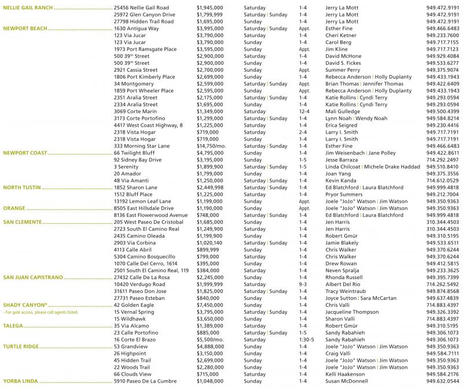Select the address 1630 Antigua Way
(x=137, y=28)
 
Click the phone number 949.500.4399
(x=442, y=111)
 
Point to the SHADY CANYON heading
(x=25, y=305)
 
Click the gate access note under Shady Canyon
(x=40, y=312)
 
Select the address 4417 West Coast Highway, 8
(x=148, y=125)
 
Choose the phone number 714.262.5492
(x=442, y=284)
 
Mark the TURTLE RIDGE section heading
(x=22, y=346)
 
